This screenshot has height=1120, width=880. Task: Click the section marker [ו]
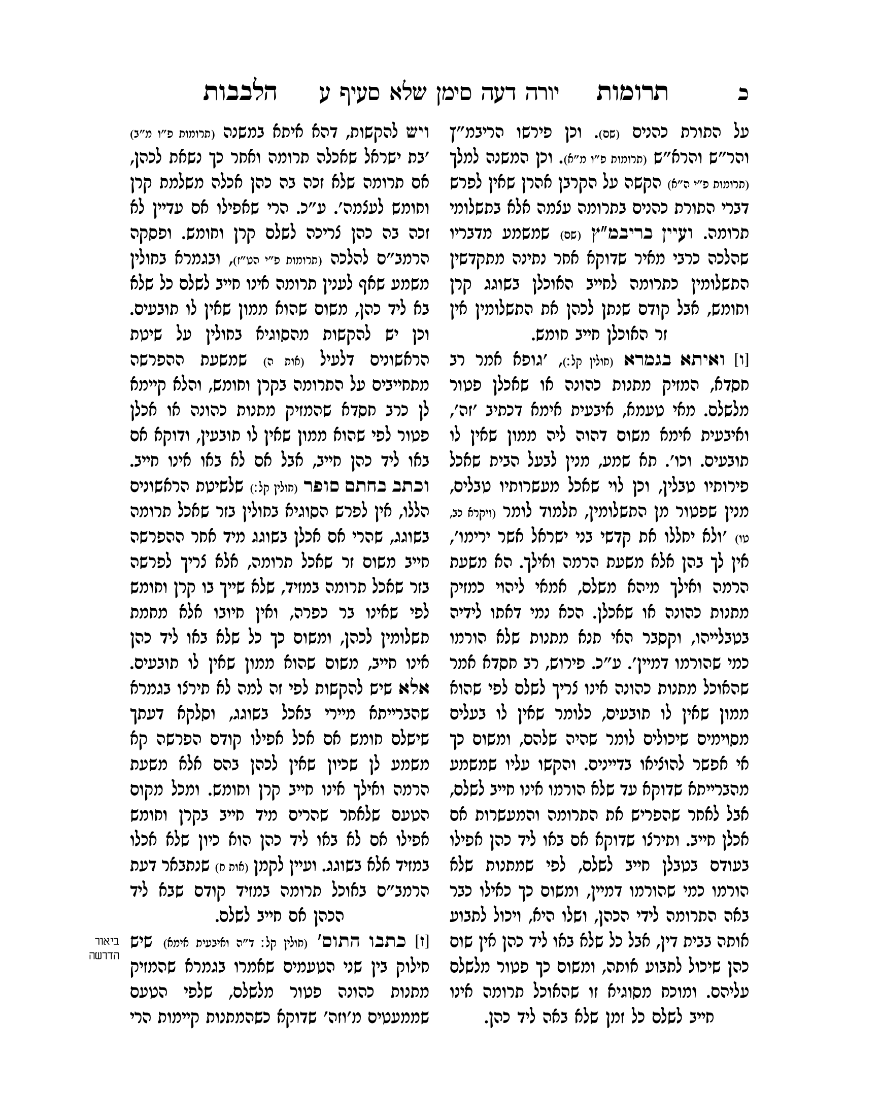[x=741, y=358]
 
